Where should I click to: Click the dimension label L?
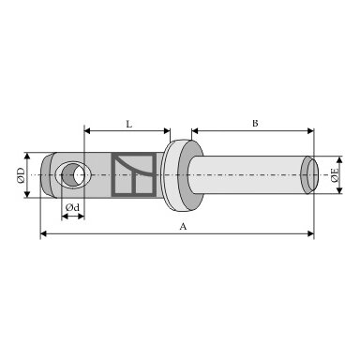(128, 125)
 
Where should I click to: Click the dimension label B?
(255, 124)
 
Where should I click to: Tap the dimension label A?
(183, 227)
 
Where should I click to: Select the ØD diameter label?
(21, 175)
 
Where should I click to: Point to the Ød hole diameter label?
(72, 207)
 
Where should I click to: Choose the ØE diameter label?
(335, 175)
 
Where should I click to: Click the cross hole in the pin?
(73, 175)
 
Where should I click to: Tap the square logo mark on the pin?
(134, 174)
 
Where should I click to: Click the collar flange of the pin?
(183, 175)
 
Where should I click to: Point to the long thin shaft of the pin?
(247, 174)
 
